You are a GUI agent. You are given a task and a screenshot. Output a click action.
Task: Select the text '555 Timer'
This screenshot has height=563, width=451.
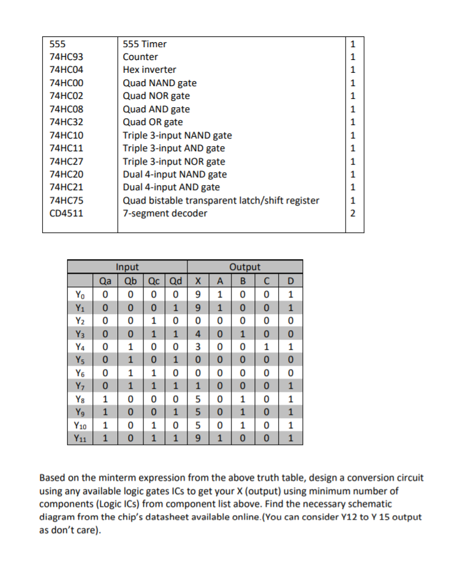click(x=144, y=44)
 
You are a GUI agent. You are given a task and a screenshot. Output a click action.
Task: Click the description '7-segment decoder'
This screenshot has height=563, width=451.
click(x=165, y=213)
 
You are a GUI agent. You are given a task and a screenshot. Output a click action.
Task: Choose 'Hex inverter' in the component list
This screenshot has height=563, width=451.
click(x=149, y=70)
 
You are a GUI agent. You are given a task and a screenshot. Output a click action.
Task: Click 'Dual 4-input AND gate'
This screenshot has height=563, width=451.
click(x=171, y=187)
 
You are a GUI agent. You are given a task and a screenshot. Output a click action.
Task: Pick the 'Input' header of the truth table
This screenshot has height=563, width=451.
click(x=128, y=267)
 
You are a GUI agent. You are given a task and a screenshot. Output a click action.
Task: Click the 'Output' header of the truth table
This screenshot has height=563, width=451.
click(x=245, y=267)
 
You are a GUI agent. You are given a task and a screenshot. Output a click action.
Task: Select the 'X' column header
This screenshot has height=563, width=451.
click(x=200, y=279)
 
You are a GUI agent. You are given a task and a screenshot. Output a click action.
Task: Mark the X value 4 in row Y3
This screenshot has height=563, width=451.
click(x=200, y=333)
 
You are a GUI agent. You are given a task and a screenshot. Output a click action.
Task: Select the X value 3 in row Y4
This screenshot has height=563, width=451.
click(x=200, y=347)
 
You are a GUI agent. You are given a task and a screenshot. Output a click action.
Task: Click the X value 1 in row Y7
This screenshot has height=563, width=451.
click(x=200, y=386)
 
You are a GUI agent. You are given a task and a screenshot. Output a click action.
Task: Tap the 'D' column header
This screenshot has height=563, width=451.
click(x=291, y=279)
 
